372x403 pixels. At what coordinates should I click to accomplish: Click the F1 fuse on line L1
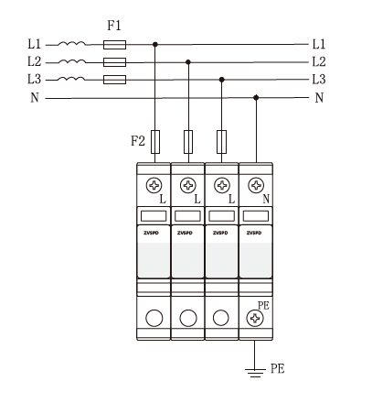[x=114, y=45]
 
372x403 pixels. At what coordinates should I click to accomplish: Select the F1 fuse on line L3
[x=114, y=80]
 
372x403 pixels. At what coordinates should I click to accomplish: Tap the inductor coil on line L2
[x=72, y=61]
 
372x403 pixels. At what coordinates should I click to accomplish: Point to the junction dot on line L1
[x=155, y=45]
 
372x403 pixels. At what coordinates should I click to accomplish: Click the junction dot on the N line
[x=256, y=97]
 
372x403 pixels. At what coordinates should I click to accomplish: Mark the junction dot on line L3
[x=222, y=80]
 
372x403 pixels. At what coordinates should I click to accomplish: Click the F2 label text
[x=138, y=141]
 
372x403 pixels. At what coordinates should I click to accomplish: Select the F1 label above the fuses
[x=114, y=26]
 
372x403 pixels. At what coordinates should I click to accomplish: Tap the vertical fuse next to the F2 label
[x=155, y=142]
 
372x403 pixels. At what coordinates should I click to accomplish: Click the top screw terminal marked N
[x=256, y=185]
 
